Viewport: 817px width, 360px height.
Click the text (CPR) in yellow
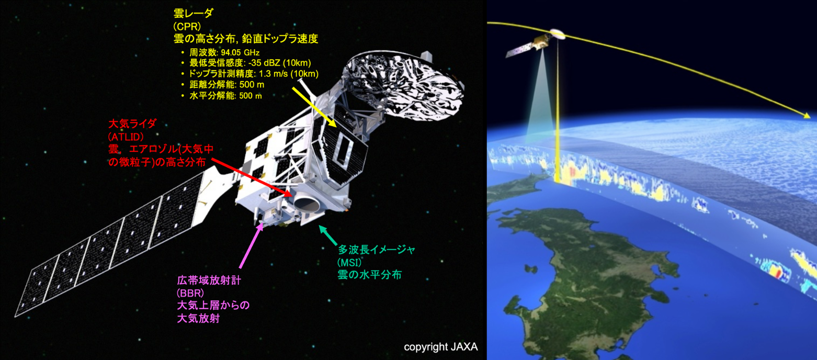tap(187, 27)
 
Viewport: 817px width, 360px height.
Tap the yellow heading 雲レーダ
tap(194, 14)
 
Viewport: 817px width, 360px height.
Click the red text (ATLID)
tap(126, 137)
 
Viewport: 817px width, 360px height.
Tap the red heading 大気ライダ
tap(132, 123)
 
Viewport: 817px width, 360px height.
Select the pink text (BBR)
tap(190, 293)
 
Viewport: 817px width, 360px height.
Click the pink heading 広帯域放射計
tap(209, 280)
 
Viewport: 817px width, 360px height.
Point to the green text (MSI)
tap(349, 262)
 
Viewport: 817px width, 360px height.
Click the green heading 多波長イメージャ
tap(377, 250)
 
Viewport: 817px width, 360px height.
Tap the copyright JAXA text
tap(440, 347)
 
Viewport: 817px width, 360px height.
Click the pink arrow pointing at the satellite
tap(251, 246)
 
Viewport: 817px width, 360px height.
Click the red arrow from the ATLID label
tap(252, 178)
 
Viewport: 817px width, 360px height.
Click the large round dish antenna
tap(403, 86)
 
